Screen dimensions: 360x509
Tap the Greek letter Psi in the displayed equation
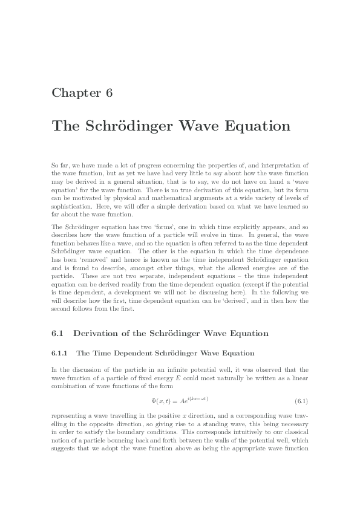154,401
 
